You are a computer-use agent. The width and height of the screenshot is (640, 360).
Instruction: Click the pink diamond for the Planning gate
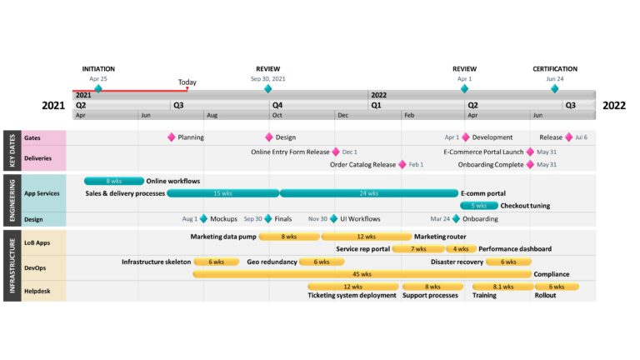click(x=172, y=137)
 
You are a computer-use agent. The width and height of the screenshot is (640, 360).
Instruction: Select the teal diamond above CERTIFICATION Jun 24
click(x=555, y=88)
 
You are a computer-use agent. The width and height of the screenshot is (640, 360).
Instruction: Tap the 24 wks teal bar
click(x=368, y=193)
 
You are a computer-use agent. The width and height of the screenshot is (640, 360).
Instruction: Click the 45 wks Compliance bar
click(x=362, y=274)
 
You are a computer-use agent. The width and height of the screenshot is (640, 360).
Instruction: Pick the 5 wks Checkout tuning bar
click(x=479, y=205)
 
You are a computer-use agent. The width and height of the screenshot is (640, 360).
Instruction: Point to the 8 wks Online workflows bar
click(x=114, y=181)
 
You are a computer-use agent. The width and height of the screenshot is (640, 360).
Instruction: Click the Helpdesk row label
click(x=37, y=291)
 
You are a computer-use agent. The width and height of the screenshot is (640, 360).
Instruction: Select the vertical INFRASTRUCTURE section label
click(x=12, y=266)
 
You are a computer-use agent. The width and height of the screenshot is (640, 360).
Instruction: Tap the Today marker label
click(x=187, y=82)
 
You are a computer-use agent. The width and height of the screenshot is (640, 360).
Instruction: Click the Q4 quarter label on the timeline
click(x=277, y=105)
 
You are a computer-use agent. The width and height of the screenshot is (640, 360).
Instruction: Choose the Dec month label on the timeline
click(x=342, y=115)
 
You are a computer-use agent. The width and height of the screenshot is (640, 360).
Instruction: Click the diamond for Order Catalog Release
click(x=402, y=164)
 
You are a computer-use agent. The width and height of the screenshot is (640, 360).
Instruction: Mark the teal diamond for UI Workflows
click(x=334, y=219)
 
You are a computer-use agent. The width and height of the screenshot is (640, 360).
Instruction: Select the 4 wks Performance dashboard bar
click(x=461, y=248)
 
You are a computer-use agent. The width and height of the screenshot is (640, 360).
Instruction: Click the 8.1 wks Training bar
click(x=502, y=287)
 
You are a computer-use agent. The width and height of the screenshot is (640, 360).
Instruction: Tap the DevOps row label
click(x=35, y=267)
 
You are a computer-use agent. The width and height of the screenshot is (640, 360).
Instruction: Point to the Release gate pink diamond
click(x=569, y=137)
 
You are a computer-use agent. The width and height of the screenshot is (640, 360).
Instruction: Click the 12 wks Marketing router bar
click(x=366, y=237)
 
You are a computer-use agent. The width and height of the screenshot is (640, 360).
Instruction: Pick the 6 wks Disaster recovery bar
click(x=508, y=262)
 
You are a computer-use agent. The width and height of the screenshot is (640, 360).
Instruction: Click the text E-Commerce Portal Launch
click(x=483, y=152)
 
